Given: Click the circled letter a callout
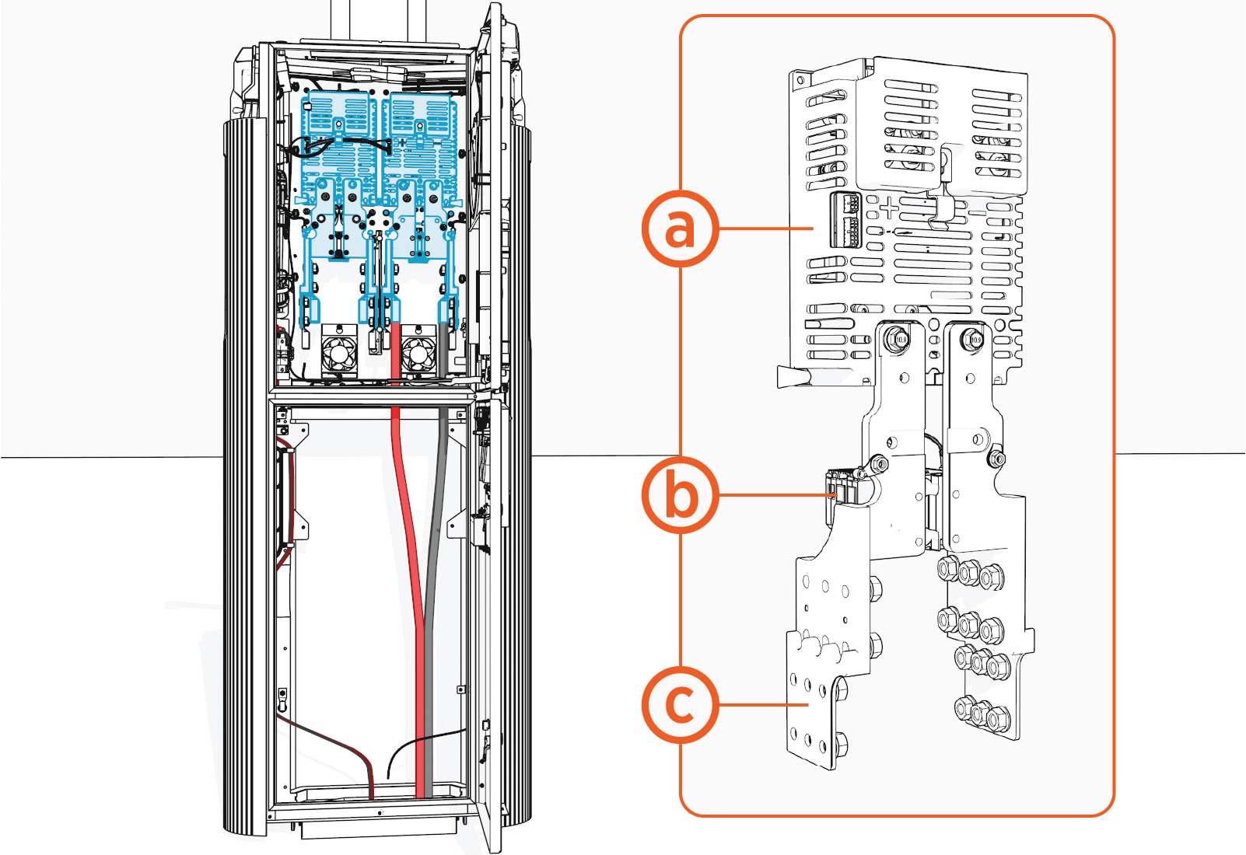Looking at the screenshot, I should tap(680, 228).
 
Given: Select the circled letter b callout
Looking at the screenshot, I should tap(680, 494).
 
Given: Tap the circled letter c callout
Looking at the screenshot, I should tap(680, 704).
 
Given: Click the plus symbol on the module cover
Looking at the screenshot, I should tap(888, 208).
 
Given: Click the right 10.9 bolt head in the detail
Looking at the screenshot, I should tap(972, 339).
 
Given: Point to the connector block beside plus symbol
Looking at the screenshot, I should tap(845, 220).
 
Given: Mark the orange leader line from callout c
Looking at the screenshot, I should tap(762, 704).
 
